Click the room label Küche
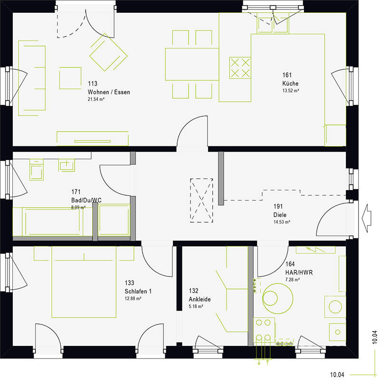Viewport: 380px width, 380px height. pos(290,84)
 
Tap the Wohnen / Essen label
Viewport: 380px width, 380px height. pos(109,92)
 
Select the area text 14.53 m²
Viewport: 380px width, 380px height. pos(282,222)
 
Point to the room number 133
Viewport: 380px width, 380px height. pos(129,283)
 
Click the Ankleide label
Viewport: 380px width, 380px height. pos(199,299)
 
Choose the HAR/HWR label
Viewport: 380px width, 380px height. pos(299,272)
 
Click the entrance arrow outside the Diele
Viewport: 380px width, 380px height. pos(366,218)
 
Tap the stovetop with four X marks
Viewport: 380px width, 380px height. pos(240,68)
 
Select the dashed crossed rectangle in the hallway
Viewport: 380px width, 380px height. pos(201,200)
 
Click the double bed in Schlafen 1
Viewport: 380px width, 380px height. pos(84,282)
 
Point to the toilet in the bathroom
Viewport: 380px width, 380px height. pos(37,170)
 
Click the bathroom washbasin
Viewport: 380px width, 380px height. pos(66,165)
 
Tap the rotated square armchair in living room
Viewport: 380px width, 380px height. pos(108,52)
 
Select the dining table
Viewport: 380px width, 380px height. pos(192,64)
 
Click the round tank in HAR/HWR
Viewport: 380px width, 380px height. pos(278,298)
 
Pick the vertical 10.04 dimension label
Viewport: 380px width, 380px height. pos(375,337)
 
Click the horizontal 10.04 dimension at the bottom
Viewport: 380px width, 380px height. pos(337,375)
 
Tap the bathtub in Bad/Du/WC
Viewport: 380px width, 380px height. pos(52,221)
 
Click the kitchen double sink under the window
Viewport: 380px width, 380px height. pos(273,25)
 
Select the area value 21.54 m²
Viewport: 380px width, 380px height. pos(96,99)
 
